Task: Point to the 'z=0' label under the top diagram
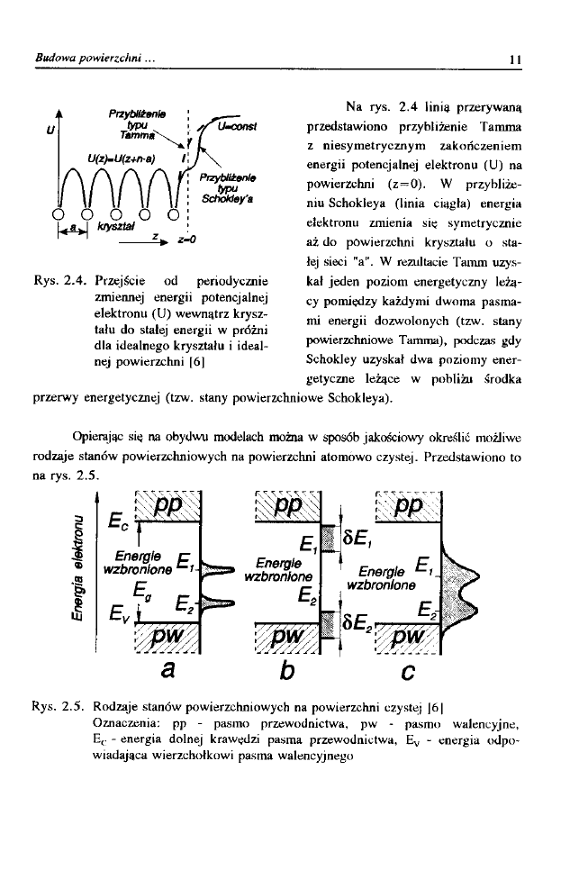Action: [x=187, y=240]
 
